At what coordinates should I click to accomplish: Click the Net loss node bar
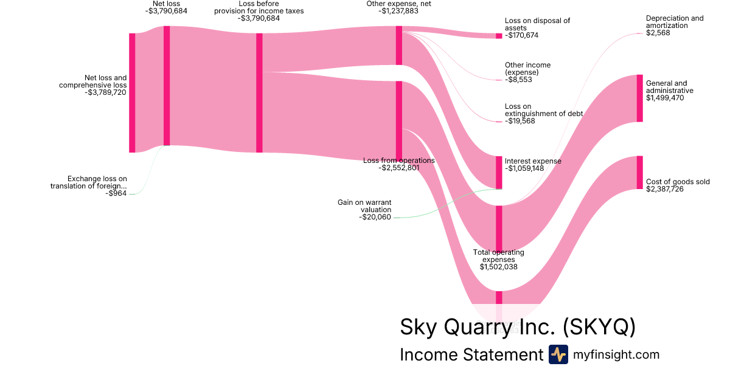click(167, 86)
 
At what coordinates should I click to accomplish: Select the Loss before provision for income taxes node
click(259, 92)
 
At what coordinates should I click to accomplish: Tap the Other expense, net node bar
click(399, 45)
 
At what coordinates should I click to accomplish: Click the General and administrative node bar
click(639, 98)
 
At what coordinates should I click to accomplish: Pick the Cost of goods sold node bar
click(639, 172)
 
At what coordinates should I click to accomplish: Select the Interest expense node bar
click(499, 172)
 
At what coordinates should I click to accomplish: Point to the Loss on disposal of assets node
click(499, 36)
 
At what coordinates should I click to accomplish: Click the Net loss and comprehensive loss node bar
click(132, 92)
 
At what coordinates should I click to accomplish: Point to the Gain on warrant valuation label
click(364, 205)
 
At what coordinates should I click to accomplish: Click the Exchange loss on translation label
click(89, 182)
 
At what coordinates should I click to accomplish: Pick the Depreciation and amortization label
click(675, 22)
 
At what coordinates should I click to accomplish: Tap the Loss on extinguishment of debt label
click(543, 110)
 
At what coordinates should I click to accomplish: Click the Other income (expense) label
click(527, 68)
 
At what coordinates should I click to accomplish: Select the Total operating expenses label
click(499, 255)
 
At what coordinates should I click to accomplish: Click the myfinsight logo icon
click(558, 354)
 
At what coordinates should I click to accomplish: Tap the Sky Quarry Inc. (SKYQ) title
click(518, 327)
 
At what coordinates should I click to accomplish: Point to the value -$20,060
click(375, 217)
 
